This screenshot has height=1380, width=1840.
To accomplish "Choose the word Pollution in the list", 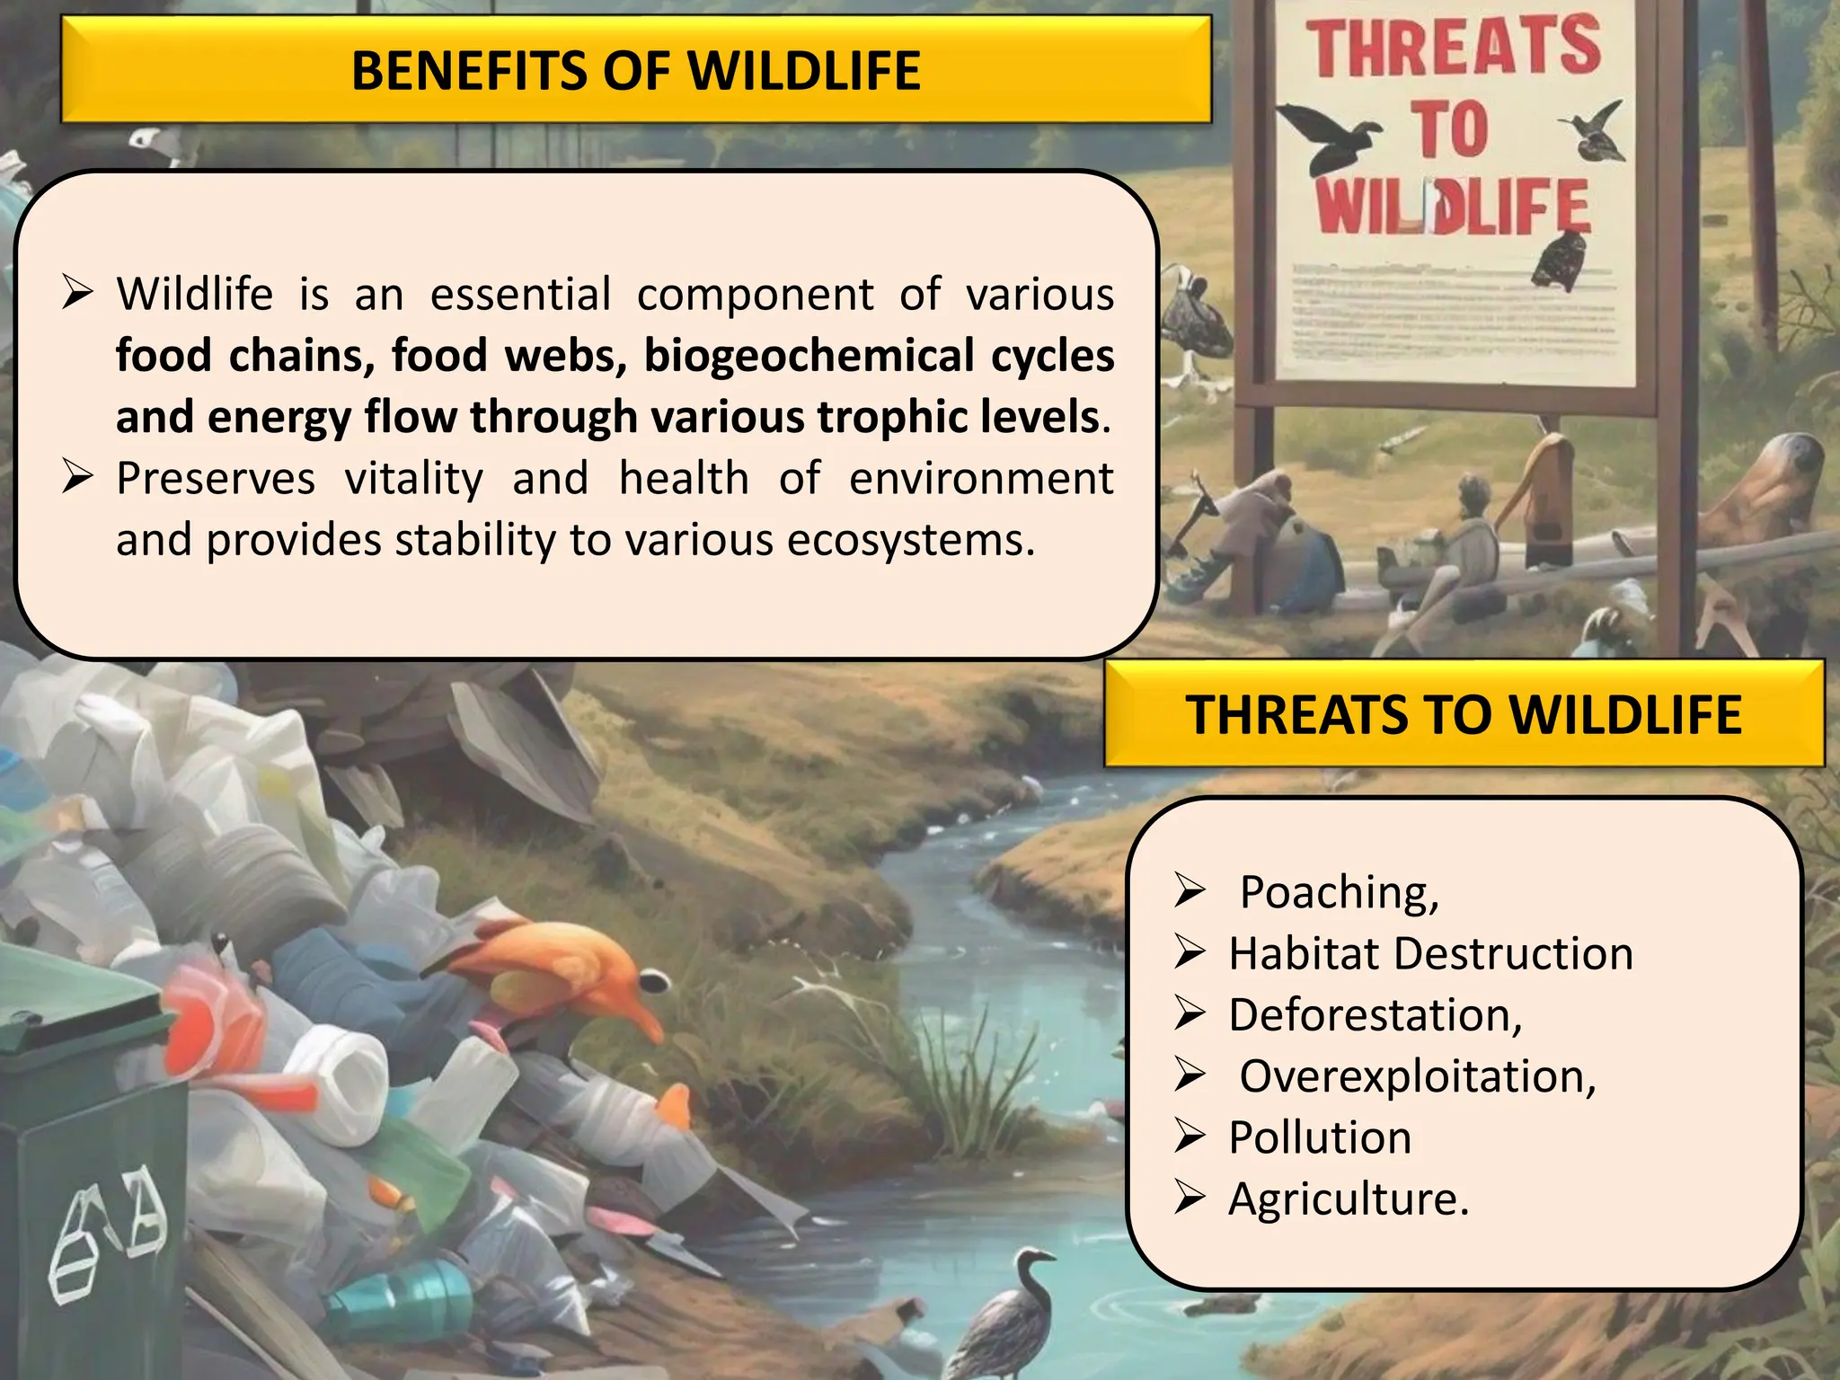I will pyautogui.click(x=1319, y=1137).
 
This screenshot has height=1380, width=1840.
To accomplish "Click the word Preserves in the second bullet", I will pyautogui.click(x=216, y=478).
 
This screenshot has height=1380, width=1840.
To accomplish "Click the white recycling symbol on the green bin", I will pyautogui.click(x=108, y=1231).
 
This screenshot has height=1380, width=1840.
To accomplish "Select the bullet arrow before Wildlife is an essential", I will pyautogui.click(x=78, y=294).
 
